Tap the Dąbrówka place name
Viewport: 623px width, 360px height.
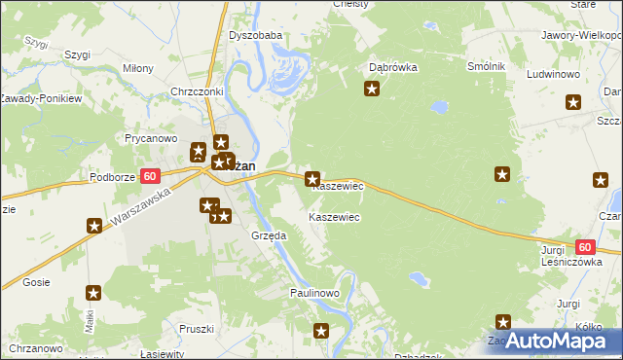coord(393,68)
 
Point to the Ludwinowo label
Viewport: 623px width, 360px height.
coord(553,74)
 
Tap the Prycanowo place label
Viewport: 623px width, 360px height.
coord(149,138)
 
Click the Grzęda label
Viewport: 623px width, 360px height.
coord(268,235)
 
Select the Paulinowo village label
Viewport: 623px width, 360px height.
coord(313,293)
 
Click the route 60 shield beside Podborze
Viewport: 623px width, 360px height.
coord(149,176)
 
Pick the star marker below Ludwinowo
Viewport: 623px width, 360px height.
coord(572,101)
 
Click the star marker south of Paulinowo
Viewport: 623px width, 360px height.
coord(322,332)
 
